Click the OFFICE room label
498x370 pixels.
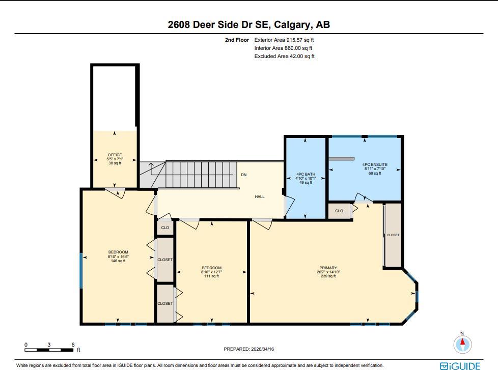pyautogui.click(x=115, y=155)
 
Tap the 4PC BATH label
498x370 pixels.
pyautogui.click(x=306, y=174)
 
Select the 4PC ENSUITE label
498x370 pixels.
pyautogui.click(x=375, y=164)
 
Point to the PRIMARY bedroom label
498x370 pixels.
pyautogui.click(x=328, y=268)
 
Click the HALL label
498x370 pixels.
pyautogui.click(x=260, y=197)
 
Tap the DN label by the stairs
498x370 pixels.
pyautogui.click(x=243, y=175)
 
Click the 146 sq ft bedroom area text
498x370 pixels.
pyautogui.click(x=118, y=261)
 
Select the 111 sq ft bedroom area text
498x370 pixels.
pyautogui.click(x=211, y=276)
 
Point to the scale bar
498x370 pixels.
pyautogui.click(x=49, y=350)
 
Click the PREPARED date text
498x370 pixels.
pyautogui.click(x=248, y=349)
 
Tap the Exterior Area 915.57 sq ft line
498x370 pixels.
pyautogui.click(x=284, y=40)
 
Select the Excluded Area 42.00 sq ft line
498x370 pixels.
pyautogui.click(x=284, y=56)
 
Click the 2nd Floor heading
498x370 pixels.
pyautogui.click(x=237, y=40)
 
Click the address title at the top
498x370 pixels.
pyautogui.click(x=249, y=24)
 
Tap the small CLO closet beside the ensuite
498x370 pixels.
pyautogui.click(x=339, y=211)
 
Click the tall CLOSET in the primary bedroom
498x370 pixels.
pyautogui.click(x=393, y=235)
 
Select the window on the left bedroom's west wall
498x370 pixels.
pyautogui.click(x=81, y=270)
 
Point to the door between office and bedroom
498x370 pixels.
pyautogui.click(x=115, y=192)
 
